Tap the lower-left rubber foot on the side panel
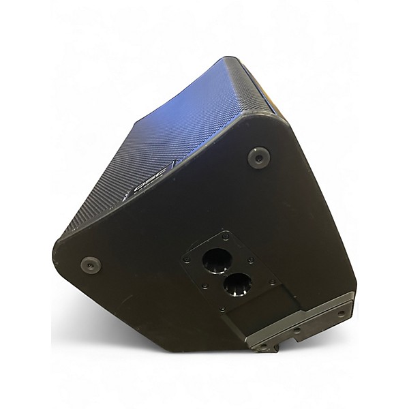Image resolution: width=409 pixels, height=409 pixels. (x=90, y=264)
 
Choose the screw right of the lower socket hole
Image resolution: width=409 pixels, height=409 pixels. (x=271, y=282)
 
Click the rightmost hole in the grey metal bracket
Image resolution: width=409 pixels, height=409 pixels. (x=340, y=314)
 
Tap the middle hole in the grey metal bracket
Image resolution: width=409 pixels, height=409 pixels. (x=297, y=331)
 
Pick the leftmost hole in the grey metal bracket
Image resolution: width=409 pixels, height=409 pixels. (x=260, y=346)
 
